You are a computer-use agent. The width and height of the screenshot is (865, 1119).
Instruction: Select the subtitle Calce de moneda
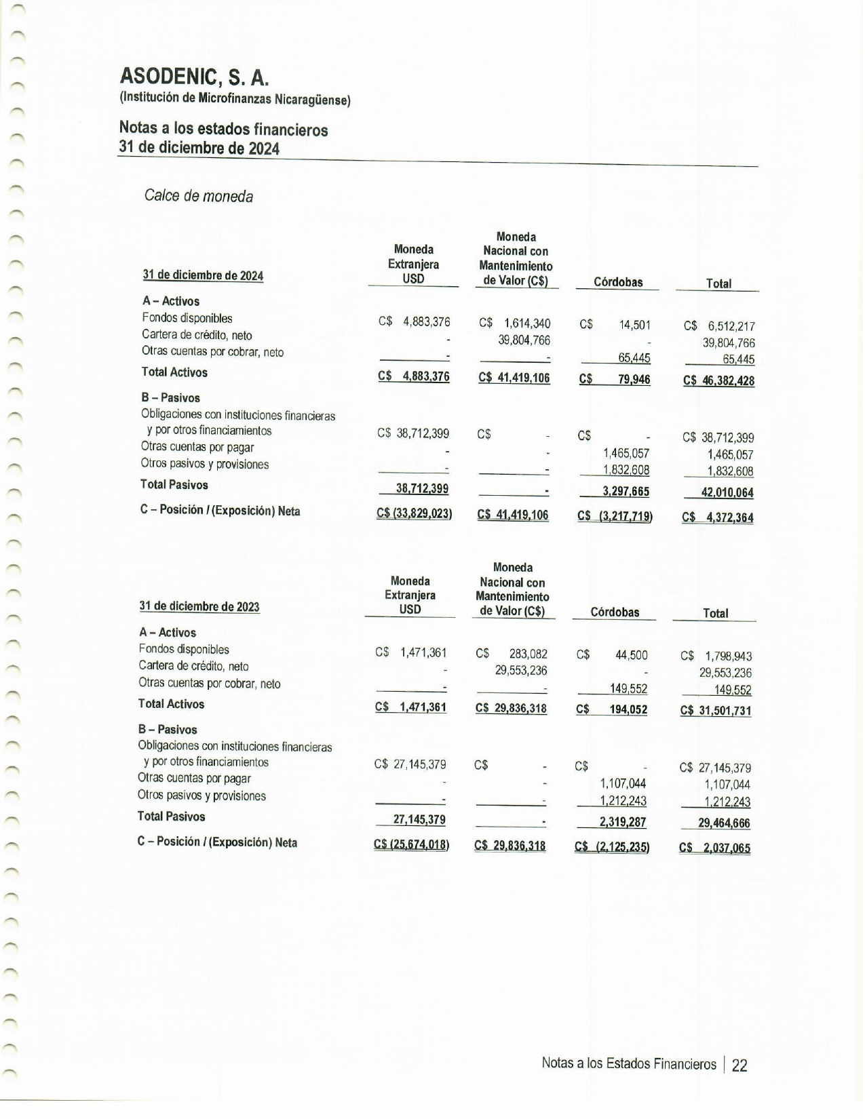[199, 197]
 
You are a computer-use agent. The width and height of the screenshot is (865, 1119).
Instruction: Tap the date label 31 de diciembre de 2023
[199, 607]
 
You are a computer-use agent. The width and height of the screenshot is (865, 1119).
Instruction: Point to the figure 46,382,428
[727, 381]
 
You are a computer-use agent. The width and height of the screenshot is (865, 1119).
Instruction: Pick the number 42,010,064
[727, 493]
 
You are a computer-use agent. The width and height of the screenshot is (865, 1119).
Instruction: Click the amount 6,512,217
[731, 326]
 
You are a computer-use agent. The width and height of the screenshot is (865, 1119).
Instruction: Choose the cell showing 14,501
[634, 326]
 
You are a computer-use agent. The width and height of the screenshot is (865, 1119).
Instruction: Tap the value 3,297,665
[626, 492]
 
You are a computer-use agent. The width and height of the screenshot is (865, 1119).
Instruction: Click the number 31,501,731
[725, 711]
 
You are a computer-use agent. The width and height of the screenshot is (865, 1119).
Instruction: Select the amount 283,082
[528, 654]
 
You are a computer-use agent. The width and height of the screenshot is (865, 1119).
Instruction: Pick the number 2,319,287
[623, 823]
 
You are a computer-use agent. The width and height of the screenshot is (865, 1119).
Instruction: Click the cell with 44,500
[631, 655]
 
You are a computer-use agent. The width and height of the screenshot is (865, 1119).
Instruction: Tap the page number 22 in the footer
[739, 1065]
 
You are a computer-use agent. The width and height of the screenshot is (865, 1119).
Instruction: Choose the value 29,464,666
[724, 824]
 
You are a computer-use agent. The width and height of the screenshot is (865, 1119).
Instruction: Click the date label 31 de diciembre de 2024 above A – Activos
[203, 275]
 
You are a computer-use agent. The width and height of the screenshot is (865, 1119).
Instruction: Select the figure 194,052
[628, 710]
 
